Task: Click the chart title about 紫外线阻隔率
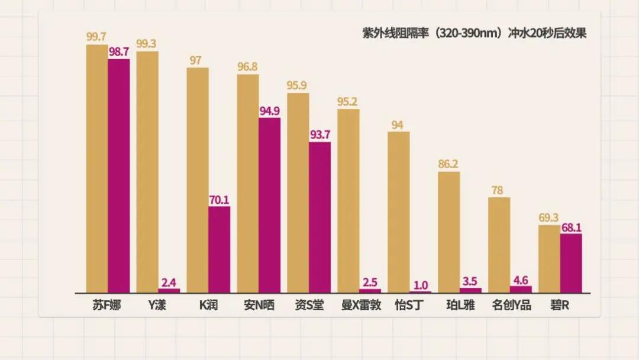pos(475,33)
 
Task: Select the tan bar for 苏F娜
pos(97,169)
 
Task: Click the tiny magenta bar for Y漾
pos(169,291)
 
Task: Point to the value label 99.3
pos(147,44)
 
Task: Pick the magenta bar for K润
pos(220,249)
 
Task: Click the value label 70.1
pos(220,200)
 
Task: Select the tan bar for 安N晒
pos(248,184)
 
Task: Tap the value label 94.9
pos(270,111)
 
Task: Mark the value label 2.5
pos(370,281)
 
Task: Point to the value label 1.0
pos(421,284)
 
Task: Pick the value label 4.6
pos(521,279)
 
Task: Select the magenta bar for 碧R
pos(571,263)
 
